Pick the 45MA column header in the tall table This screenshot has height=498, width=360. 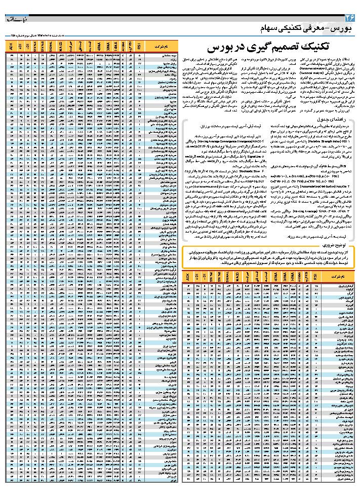tap(97, 47)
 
